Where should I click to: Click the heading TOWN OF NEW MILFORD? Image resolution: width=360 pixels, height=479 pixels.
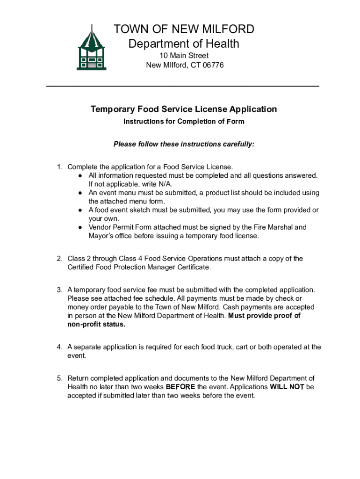[x=184, y=29]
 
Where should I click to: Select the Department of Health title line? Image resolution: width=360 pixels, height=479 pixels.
[x=184, y=44]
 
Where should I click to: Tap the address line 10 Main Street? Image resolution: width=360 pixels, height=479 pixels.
[x=184, y=56]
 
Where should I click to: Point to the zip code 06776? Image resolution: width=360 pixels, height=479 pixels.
[x=213, y=65]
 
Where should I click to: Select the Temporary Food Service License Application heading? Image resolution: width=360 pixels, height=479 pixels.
[x=184, y=109]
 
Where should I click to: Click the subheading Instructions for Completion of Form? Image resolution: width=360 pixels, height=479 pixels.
[x=184, y=122]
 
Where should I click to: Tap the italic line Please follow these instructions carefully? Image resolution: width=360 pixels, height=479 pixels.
[x=184, y=144]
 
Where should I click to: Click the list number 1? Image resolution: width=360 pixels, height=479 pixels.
[x=59, y=167]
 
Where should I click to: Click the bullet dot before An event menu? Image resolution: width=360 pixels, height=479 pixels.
[x=81, y=193]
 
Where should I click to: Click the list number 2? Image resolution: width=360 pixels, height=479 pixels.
[x=59, y=259]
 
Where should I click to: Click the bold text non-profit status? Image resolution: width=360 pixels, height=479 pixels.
[x=96, y=325]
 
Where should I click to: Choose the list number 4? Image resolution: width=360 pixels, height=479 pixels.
[x=59, y=347]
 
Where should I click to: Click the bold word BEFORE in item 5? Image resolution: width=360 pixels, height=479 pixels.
[x=180, y=387]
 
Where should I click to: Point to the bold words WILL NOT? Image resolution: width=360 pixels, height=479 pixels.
[x=287, y=387]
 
